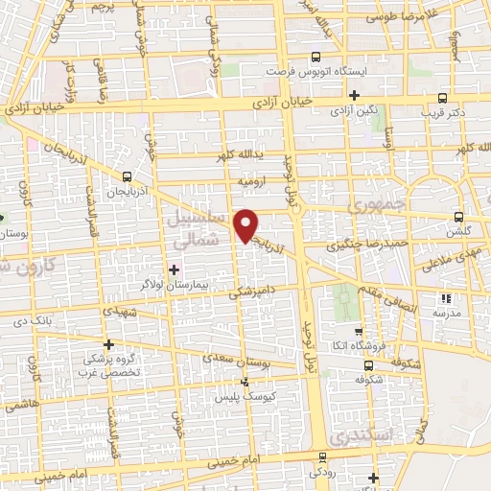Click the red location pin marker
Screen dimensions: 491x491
click(247, 224)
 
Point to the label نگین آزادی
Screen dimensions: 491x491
click(354, 112)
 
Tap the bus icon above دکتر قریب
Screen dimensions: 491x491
click(442, 97)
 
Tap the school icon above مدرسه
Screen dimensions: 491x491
click(443, 298)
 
